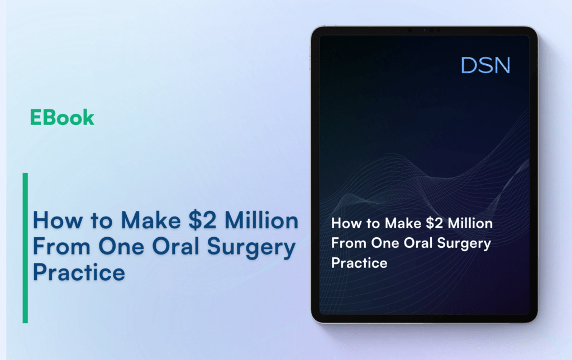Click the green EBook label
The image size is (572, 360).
pos(62,117)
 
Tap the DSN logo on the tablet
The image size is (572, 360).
pos(485,65)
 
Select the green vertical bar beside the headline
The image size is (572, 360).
pos(25,248)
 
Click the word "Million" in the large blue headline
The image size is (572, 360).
pos(261,220)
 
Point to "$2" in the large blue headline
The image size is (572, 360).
pos(202,220)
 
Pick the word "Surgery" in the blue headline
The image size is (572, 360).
pos(251,248)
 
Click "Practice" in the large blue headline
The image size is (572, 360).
pos(79,272)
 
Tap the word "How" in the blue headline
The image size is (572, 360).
pos(58,220)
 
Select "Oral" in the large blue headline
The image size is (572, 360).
pos(176,246)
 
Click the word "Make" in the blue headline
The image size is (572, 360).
pos(151,220)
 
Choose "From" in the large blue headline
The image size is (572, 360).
pos(61,246)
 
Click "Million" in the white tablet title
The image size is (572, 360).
pos(470,223)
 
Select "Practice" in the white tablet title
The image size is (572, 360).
pos(359,263)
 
